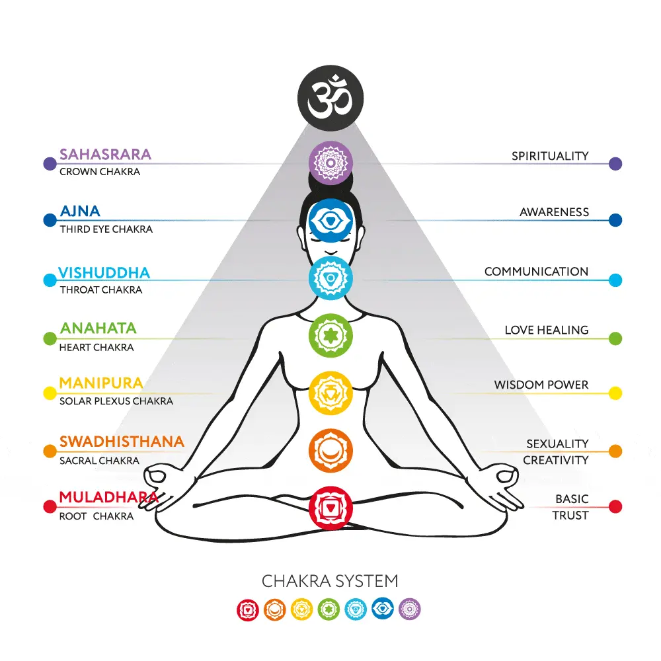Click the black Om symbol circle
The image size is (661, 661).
[x=330, y=98]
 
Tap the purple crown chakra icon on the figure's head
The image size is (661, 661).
[x=330, y=163]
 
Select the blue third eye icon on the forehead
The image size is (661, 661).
[x=330, y=221]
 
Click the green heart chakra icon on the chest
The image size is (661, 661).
[x=330, y=336]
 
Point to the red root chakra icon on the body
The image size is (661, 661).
[x=330, y=508]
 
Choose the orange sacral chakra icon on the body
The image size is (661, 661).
[x=330, y=451]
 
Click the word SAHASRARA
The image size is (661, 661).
[x=105, y=154]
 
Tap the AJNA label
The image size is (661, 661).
[x=80, y=211]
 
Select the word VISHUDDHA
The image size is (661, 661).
[x=104, y=273]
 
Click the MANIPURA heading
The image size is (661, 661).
[x=101, y=383]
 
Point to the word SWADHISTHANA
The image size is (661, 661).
[x=122, y=442]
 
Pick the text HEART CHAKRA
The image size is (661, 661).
[x=97, y=348]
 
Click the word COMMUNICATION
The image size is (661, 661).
[x=536, y=272]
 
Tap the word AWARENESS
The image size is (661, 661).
[x=554, y=212]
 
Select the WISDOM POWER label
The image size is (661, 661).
[x=541, y=385]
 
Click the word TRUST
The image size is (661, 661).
[x=570, y=515]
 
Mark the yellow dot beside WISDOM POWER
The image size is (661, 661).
[x=615, y=393]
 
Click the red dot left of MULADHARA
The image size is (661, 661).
[x=50, y=506]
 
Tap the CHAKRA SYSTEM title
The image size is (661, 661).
[x=330, y=581]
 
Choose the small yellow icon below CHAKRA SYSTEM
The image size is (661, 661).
[x=302, y=609]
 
